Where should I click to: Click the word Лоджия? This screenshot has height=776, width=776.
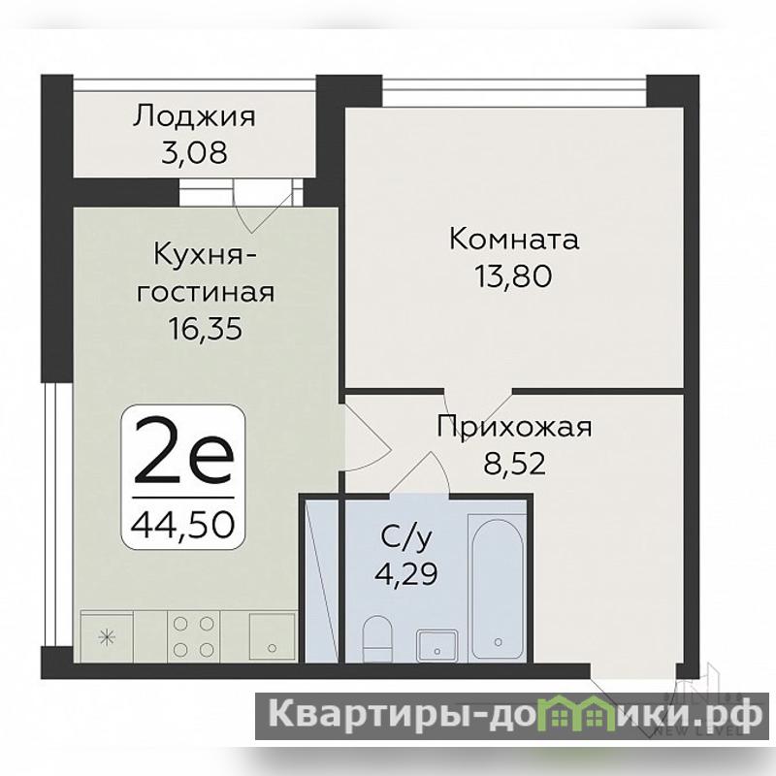pos(194,116)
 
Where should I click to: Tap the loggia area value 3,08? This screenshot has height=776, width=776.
pos(195,152)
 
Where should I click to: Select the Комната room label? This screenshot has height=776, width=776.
pos(514,239)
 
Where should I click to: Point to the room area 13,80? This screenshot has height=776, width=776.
pos(513,275)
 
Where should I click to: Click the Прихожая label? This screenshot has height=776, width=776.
pos(514,427)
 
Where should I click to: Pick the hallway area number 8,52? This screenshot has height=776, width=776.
pos(514,464)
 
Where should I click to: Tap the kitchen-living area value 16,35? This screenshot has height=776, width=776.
pos(206,328)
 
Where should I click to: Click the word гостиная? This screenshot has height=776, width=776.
pos(206,292)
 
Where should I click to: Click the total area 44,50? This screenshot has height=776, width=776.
pos(182,524)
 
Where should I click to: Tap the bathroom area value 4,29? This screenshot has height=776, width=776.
pos(406,573)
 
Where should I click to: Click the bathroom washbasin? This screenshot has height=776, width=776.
pos(436,645)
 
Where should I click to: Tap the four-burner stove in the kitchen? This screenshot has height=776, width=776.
pos(193,636)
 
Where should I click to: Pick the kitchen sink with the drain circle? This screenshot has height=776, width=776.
pos(272,637)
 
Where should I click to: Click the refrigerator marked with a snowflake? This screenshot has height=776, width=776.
pos(107,637)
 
